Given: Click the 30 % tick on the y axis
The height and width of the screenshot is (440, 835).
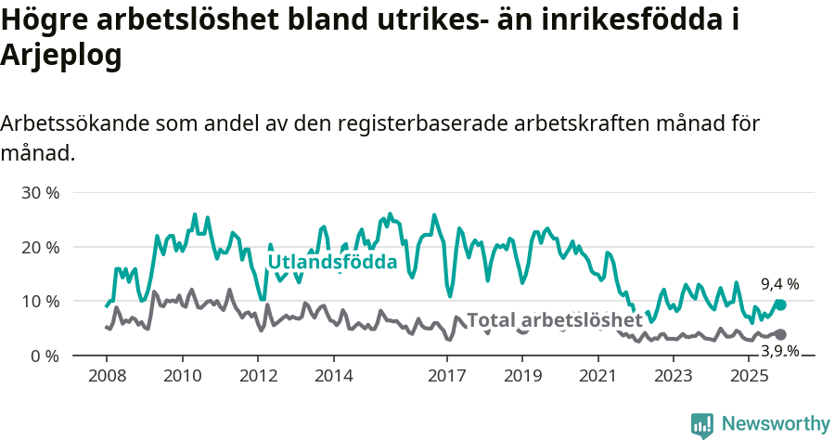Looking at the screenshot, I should (40, 193).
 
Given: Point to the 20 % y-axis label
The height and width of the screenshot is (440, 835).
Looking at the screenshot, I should (40, 248).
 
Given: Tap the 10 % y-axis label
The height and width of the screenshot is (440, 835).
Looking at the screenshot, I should (40, 302).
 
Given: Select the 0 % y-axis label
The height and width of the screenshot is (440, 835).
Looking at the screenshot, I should (45, 356).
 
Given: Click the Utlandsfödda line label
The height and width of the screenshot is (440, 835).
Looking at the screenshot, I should (332, 263).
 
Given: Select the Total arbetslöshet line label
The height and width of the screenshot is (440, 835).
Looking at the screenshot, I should (554, 320).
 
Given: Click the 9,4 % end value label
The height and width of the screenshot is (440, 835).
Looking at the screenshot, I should (779, 285).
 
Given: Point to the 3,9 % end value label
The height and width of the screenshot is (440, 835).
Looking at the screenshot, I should (779, 351).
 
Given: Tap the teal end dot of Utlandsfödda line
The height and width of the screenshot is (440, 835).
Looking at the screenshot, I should (780, 304).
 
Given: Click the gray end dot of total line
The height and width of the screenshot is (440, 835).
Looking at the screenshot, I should (780, 334).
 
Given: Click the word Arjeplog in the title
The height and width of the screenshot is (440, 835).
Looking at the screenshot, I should (61, 56).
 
